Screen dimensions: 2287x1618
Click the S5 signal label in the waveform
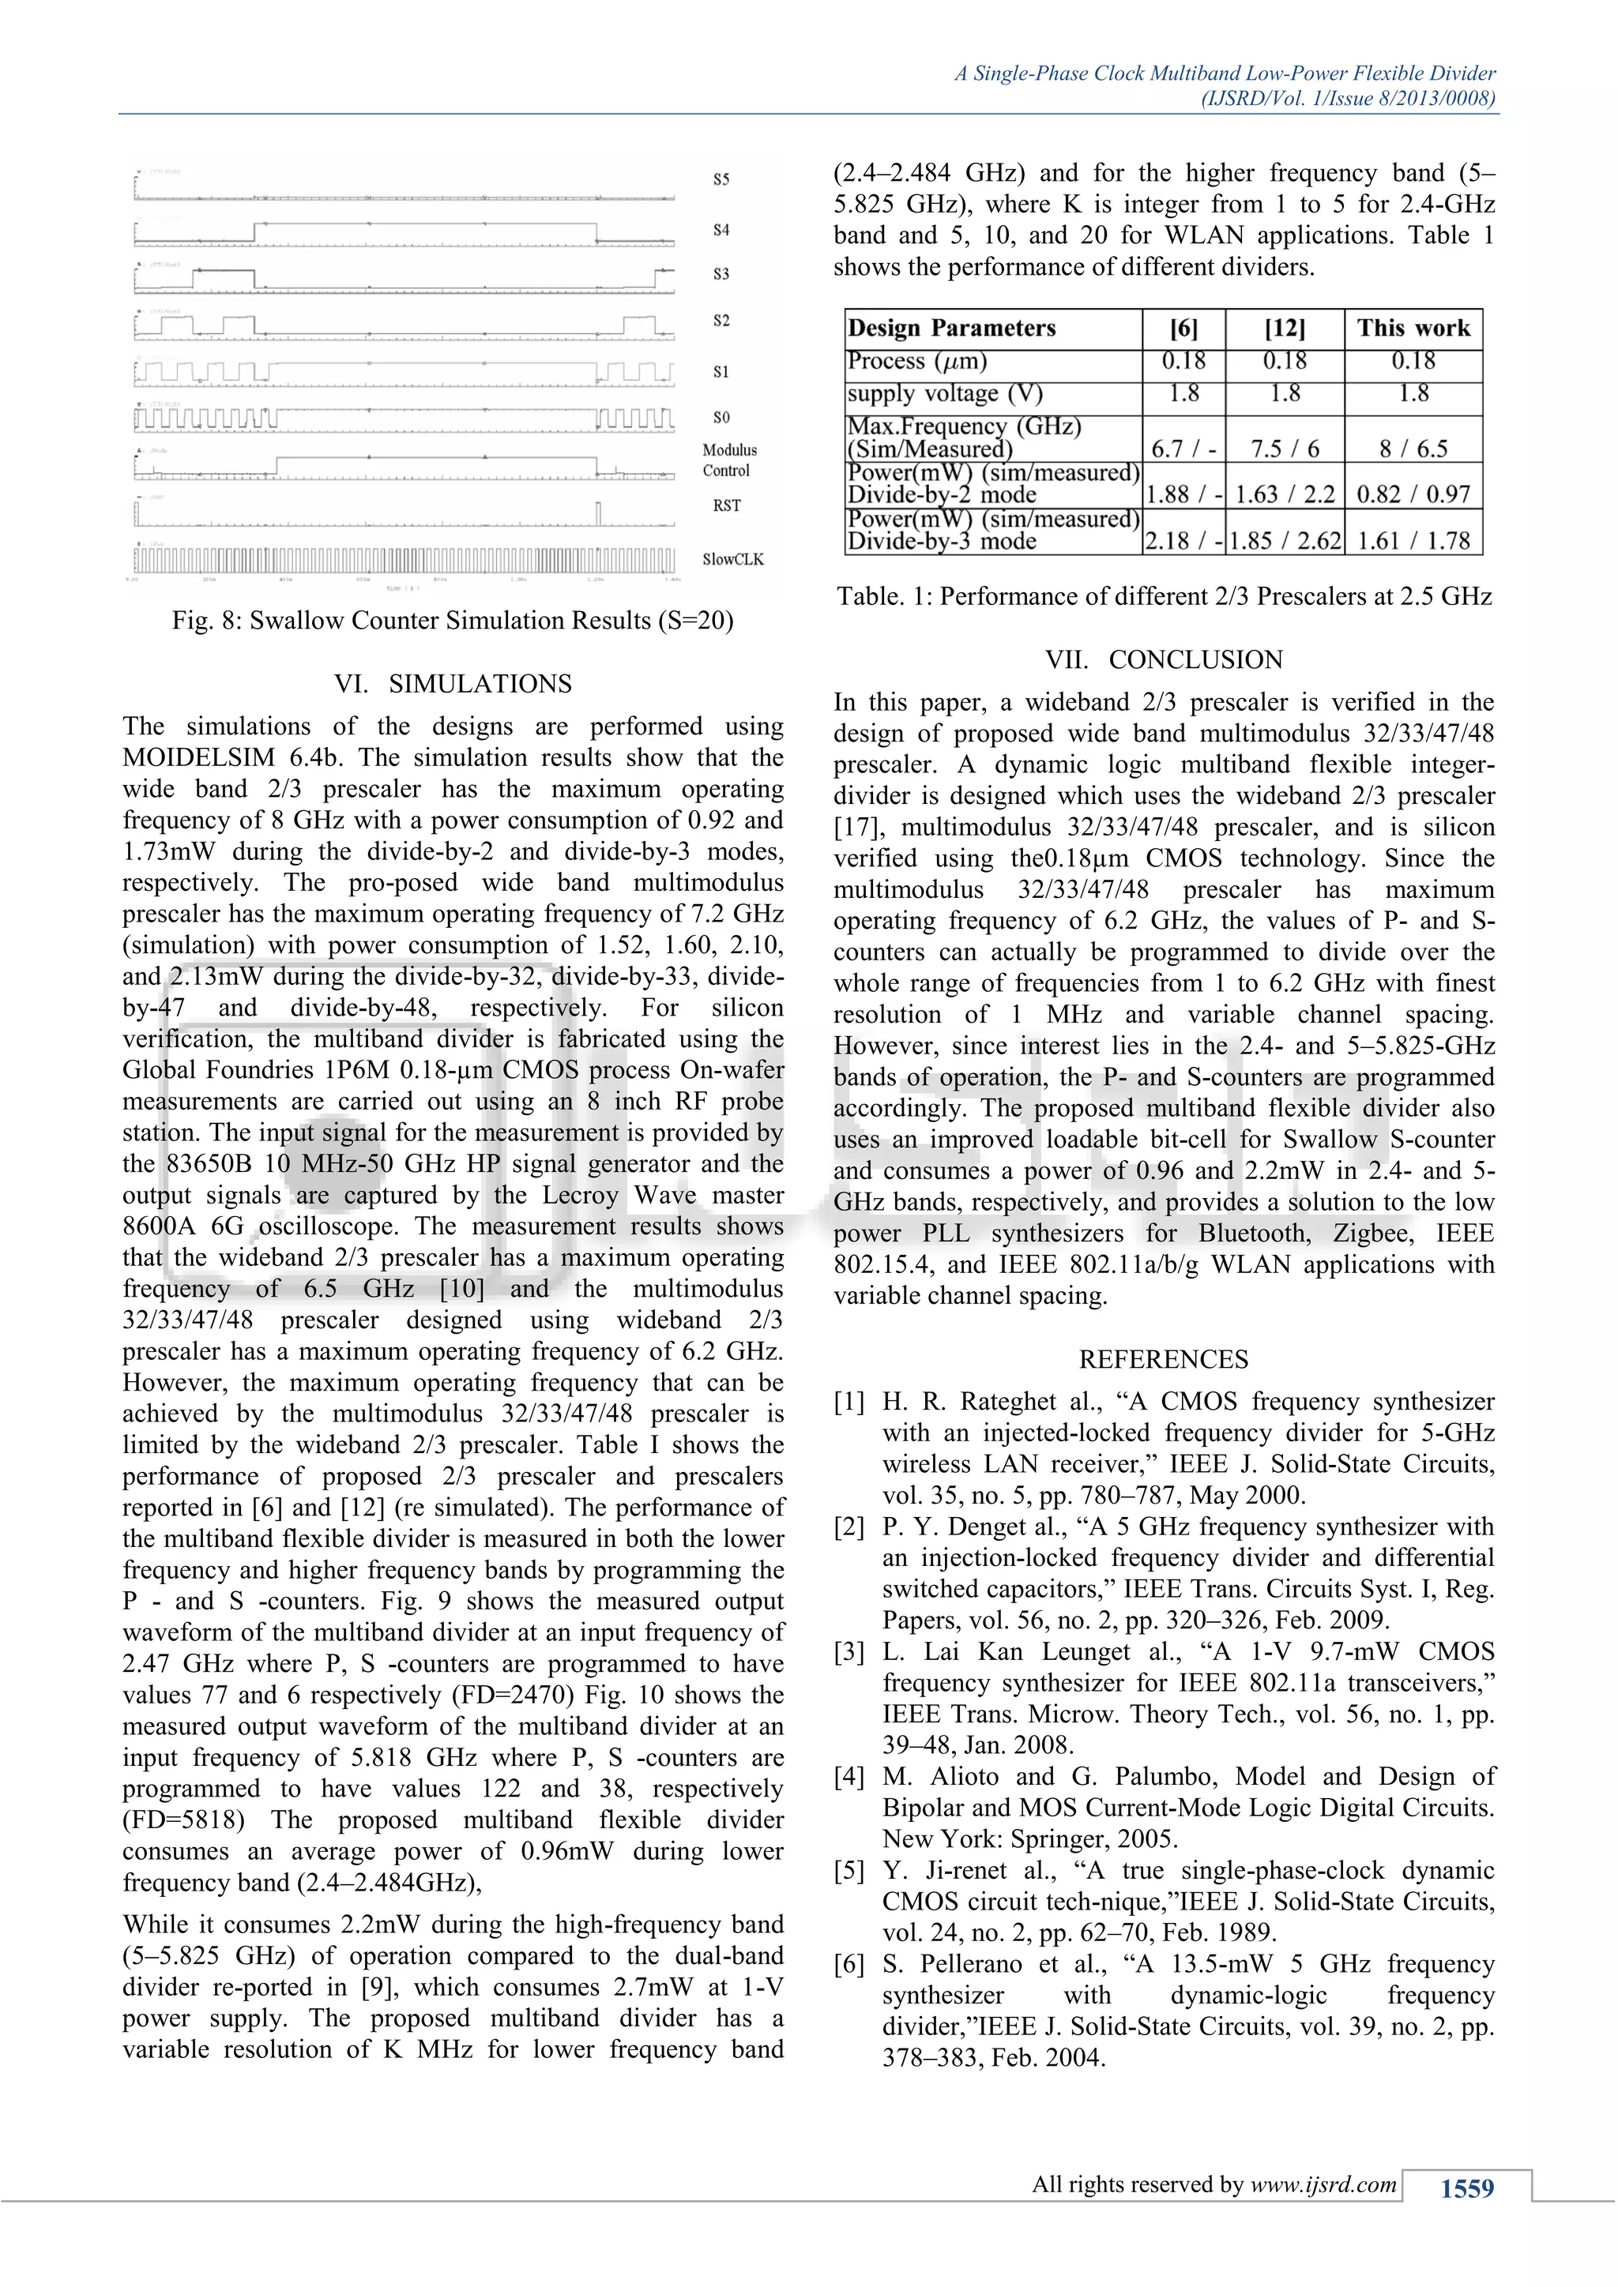721,179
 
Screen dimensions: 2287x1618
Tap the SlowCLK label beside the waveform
732,560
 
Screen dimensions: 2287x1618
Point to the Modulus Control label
729,460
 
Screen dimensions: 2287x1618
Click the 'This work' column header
1412,329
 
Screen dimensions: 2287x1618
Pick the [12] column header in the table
1285,329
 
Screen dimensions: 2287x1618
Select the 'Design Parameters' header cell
950,329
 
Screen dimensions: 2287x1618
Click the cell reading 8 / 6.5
1412,449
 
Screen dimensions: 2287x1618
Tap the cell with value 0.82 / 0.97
1412,494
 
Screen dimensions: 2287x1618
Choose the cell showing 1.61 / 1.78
1412,541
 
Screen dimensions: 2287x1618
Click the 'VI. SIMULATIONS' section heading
453,683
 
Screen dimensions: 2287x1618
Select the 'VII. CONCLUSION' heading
1164,659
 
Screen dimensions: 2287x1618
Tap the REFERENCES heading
1163,1360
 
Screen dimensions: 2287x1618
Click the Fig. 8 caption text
453,621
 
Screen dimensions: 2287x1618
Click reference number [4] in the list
849,1777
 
